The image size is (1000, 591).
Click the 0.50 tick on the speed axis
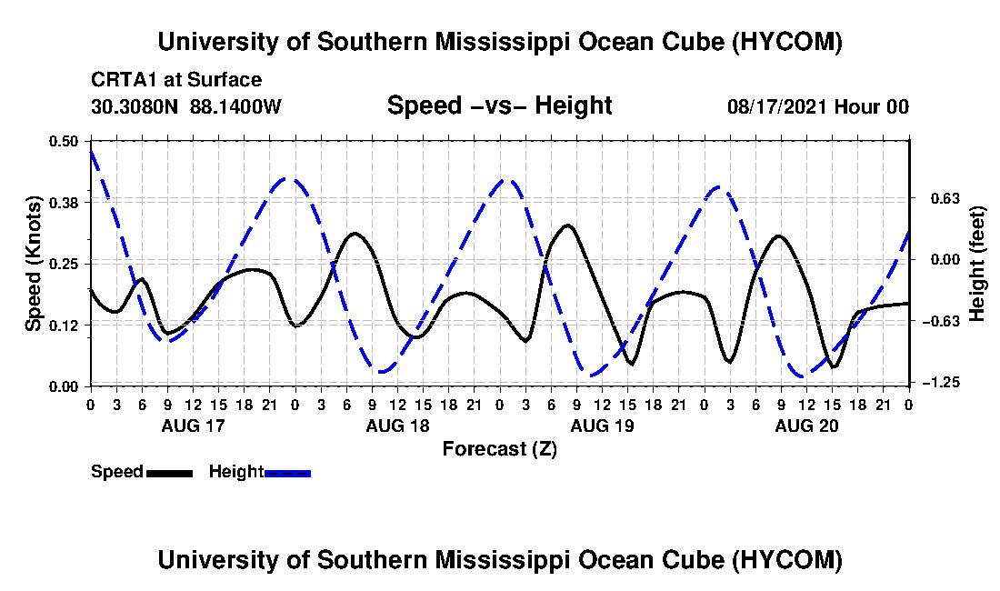63,141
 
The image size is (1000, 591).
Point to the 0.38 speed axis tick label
63,203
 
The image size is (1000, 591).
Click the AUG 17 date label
194,426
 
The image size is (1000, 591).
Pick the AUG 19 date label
602,426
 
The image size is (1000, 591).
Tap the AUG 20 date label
806,426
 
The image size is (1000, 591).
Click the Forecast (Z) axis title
500,449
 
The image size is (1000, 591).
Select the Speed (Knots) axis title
33,264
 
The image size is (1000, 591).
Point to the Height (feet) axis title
977,264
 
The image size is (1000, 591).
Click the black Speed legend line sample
169,473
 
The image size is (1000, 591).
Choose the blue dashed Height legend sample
287,473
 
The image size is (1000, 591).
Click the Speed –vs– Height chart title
499,105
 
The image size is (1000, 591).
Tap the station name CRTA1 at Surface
176,80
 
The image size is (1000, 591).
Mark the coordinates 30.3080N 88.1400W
185,106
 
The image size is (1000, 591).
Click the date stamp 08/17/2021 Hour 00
818,106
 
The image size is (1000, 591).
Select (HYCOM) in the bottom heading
787,560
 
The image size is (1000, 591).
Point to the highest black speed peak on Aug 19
567,225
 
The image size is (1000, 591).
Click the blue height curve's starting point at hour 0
91,151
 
